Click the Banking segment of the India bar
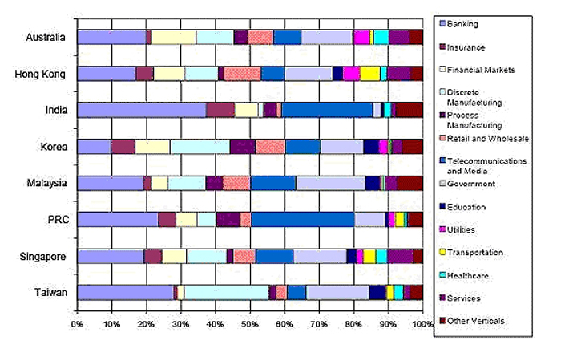[141, 110]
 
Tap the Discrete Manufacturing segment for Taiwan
[227, 292]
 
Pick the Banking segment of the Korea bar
[94, 146]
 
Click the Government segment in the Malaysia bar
[330, 183]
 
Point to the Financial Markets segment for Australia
[174, 37]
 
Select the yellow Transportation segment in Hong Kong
[369, 74]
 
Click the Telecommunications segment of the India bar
[327, 110]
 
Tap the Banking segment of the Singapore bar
[110, 256]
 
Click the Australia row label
[46, 37]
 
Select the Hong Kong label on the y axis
[41, 74]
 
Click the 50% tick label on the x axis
[249, 325]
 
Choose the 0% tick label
[78, 325]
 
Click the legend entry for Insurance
[466, 47]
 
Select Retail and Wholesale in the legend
[488, 138]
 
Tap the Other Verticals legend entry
[477, 321]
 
